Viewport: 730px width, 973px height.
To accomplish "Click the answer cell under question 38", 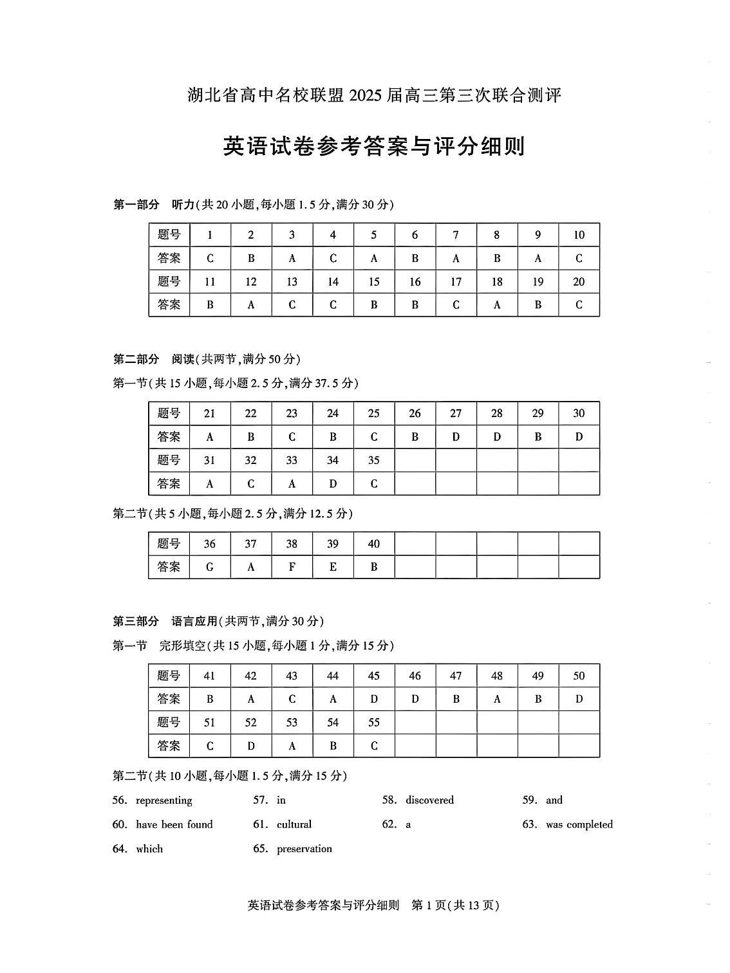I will [x=292, y=567].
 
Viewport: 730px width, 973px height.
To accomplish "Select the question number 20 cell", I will [x=579, y=281].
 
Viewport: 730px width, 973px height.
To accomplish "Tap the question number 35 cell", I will [x=373, y=460].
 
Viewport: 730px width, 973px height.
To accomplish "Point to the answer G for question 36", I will [x=210, y=567].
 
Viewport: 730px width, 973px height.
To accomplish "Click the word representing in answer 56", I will [x=164, y=801].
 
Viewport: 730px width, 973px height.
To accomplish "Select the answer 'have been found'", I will [x=174, y=824].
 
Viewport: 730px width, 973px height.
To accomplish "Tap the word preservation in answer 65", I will [x=304, y=849].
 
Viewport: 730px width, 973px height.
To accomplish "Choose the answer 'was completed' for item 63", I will [x=579, y=824].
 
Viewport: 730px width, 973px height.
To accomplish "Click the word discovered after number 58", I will [x=429, y=800].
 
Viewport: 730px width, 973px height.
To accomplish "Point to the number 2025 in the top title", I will [x=366, y=96].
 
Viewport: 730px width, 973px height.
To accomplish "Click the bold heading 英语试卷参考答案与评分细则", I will [x=374, y=146].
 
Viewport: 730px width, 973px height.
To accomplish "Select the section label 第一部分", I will [x=136, y=205].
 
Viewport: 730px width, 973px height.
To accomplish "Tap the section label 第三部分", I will [x=136, y=621].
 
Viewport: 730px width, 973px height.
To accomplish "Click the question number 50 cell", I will [x=579, y=676].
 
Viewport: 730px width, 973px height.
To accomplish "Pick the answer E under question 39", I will [x=333, y=567].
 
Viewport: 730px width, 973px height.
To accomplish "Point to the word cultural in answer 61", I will [x=294, y=824].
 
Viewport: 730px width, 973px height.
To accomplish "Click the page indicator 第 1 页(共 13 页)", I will [x=455, y=905].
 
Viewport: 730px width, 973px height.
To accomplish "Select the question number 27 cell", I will [x=456, y=413].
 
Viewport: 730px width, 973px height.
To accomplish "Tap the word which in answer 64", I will [x=149, y=849].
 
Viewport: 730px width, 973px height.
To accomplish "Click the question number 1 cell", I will [x=210, y=235].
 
